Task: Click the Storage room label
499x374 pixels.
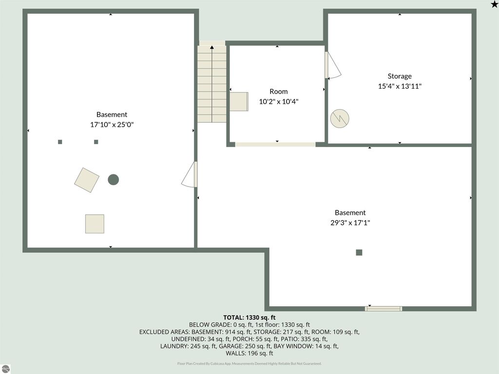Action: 400,76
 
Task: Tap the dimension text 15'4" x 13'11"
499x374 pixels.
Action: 400,86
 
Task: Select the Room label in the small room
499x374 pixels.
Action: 278,92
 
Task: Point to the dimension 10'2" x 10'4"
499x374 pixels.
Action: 278,102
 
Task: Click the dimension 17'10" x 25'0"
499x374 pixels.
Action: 112,125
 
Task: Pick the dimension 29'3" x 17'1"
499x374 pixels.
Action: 350,223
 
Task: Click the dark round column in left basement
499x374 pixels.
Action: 113,180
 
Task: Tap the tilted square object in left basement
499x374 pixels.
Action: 87,180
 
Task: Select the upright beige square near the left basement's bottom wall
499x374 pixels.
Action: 95,224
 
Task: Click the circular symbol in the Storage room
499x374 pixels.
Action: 340,118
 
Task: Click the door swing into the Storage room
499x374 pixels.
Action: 333,66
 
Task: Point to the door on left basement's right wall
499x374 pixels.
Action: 190,175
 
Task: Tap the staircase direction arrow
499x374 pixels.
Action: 212,47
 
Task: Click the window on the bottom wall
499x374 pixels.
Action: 384,308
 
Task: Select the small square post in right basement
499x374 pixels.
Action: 359,252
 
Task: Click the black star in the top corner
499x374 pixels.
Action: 494,4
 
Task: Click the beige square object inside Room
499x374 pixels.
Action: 239,102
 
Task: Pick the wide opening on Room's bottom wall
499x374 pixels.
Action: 275,144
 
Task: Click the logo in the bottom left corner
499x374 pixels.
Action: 5,369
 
